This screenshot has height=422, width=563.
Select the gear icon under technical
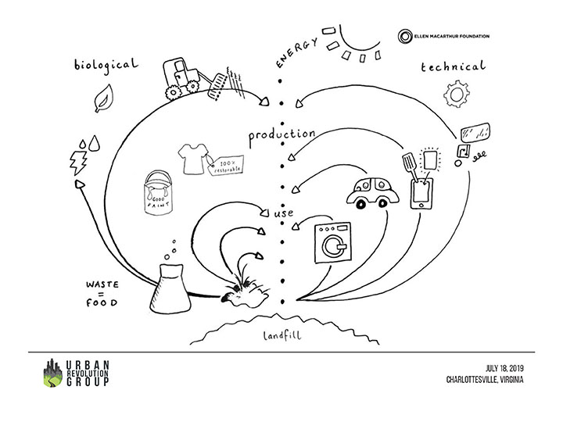[x=454, y=95]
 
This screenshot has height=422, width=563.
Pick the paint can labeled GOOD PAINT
[x=157, y=193]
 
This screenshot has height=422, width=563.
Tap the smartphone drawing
[x=422, y=191]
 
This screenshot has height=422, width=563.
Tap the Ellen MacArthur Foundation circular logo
[x=405, y=36]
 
